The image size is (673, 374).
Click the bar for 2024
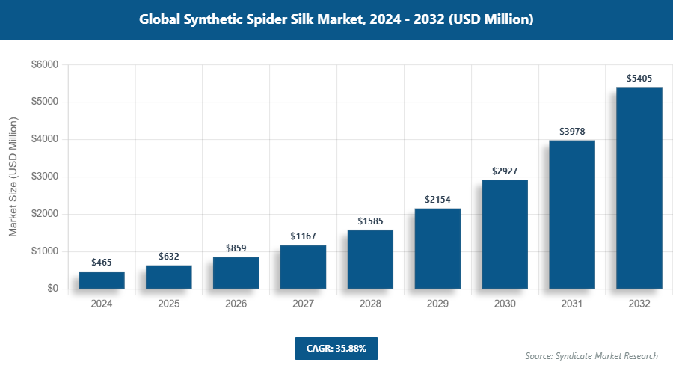(x=101, y=280)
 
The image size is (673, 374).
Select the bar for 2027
(x=303, y=267)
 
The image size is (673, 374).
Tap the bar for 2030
(x=505, y=234)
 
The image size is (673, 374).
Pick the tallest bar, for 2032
(x=639, y=188)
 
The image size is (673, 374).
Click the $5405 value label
(x=639, y=78)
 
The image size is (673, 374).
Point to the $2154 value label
(x=437, y=199)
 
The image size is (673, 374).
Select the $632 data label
(x=168, y=256)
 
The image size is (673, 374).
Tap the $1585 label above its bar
(x=370, y=221)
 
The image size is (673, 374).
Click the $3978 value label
(x=572, y=131)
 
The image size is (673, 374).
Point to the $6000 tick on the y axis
(x=44, y=65)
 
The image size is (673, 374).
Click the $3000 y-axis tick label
(x=44, y=177)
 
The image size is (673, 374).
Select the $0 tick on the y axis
(x=52, y=289)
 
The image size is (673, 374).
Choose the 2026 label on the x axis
(x=236, y=304)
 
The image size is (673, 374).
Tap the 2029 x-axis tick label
(x=437, y=304)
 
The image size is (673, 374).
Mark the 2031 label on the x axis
(x=572, y=304)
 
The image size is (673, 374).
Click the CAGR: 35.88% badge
(x=336, y=349)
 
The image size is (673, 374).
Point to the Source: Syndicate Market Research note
(x=591, y=356)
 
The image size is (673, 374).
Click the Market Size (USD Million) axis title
(x=13, y=177)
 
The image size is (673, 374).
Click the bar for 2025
(x=168, y=277)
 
